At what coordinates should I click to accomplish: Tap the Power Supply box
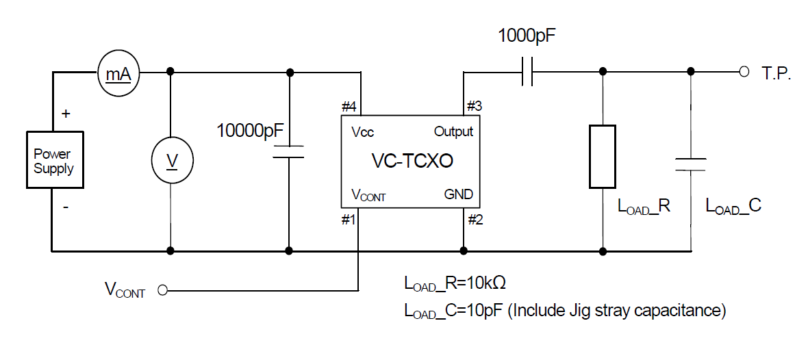click(54, 161)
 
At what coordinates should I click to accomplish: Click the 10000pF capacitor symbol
click(289, 151)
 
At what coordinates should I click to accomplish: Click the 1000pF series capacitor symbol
click(527, 72)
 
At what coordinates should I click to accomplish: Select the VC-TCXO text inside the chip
click(412, 161)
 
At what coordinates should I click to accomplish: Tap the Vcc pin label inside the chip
click(362, 132)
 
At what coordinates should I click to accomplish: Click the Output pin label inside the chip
click(453, 131)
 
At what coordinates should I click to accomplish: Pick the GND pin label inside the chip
click(458, 194)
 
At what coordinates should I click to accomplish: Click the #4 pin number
click(349, 107)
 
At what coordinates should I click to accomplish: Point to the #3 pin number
click(475, 106)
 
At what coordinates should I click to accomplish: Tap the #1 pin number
click(349, 220)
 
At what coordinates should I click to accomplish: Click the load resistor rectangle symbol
click(603, 156)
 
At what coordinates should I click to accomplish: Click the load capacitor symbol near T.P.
click(690, 164)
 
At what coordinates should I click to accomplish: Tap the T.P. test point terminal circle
click(744, 72)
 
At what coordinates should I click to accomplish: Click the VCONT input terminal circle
click(162, 290)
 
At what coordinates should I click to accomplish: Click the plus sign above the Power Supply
click(66, 114)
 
